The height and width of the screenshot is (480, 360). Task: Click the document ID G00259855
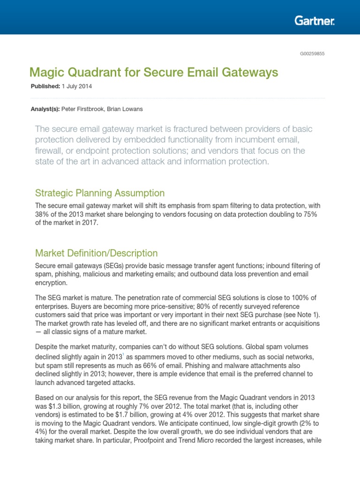coord(312,53)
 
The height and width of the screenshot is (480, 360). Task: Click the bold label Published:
coord(45,87)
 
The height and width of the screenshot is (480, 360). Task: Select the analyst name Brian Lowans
coord(127,109)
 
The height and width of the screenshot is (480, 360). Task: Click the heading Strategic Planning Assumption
coord(100,193)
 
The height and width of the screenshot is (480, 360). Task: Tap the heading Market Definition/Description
coord(97,253)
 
